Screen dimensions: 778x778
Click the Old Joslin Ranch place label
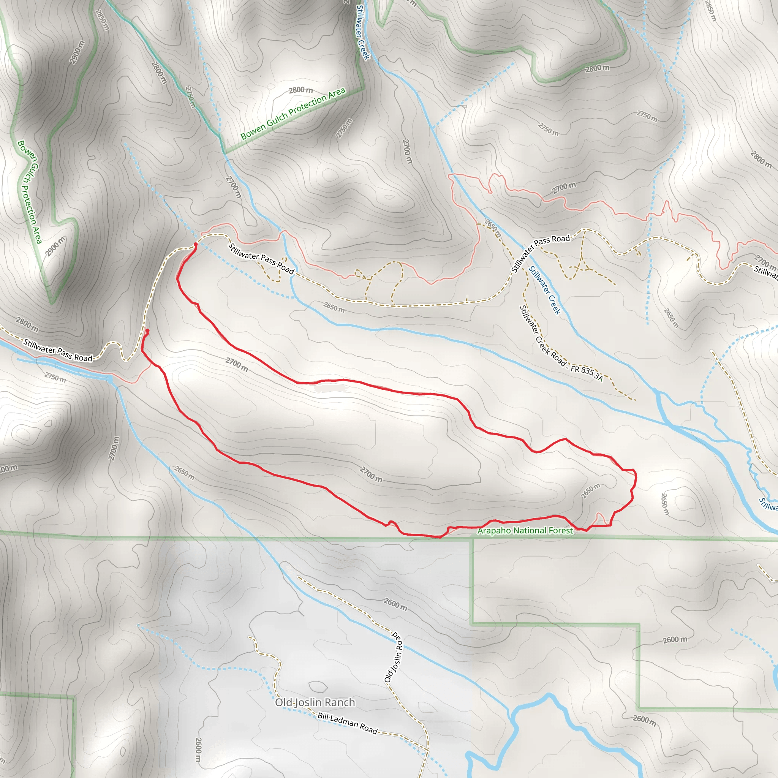click(315, 703)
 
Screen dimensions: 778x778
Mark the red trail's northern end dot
click(195, 244)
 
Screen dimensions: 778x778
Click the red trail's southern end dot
click(147, 330)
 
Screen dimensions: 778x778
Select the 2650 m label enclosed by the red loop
click(590, 491)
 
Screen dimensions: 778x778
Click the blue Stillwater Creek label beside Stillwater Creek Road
click(544, 290)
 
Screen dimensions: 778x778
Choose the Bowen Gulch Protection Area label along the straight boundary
click(293, 114)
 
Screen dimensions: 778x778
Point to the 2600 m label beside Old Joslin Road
click(395, 604)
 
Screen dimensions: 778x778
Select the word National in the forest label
click(525, 531)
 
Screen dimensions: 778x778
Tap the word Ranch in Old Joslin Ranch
click(340, 703)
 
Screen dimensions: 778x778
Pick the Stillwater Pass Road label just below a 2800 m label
click(58, 350)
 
